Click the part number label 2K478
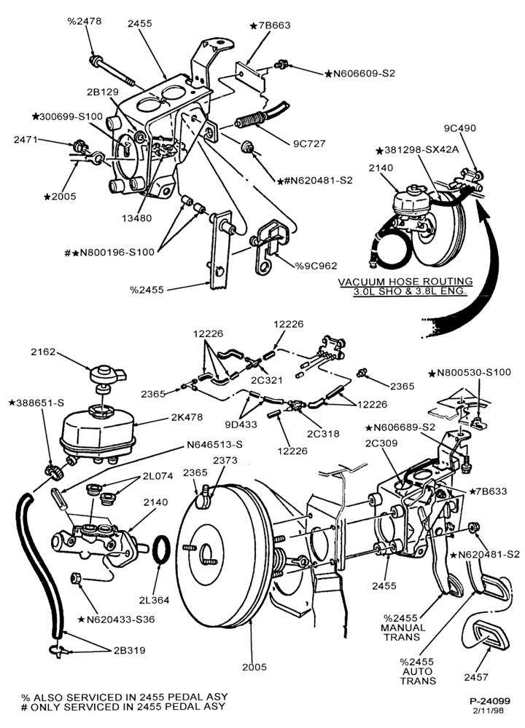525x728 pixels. (187, 417)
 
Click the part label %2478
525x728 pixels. (84, 21)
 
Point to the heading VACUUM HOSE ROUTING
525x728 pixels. (405, 281)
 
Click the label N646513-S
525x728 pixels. (214, 444)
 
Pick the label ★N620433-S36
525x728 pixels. (116, 619)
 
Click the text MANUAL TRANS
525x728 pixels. (402, 632)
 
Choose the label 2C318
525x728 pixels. (323, 434)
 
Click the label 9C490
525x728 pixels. (460, 128)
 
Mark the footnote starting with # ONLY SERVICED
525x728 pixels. (123, 706)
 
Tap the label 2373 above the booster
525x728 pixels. (225, 460)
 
